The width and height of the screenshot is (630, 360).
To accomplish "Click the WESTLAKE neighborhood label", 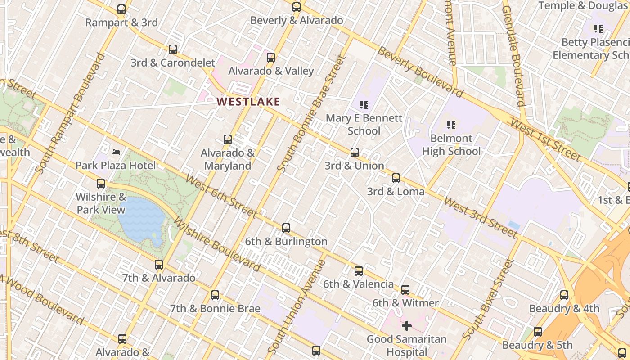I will pos(248,102).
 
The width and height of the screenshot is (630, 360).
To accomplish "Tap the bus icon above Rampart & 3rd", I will pos(121,9).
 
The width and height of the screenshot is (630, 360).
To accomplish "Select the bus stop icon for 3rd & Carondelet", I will pos(173,49).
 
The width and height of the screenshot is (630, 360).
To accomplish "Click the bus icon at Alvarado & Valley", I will pos(270,58).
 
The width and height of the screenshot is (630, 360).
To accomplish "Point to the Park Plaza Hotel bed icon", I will pos(116,152).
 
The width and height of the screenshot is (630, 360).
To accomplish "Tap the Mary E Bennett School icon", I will pos(364,105).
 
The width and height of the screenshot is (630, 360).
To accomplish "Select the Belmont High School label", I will pos(451,144).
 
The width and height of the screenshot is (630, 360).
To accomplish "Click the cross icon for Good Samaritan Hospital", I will pos(407,325).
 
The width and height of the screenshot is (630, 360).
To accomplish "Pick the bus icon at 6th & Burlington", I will pos(286,228).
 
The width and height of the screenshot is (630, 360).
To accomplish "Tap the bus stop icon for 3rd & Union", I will pos(355,153).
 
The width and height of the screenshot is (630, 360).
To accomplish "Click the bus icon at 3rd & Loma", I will pos(396,178).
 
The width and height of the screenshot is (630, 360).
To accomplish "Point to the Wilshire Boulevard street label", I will pos(216,244).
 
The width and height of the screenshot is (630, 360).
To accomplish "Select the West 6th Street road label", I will pos(220,196).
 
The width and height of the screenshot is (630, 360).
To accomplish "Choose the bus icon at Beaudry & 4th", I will pos(564,296).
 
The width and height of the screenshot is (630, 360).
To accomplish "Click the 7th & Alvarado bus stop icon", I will pos(159,265).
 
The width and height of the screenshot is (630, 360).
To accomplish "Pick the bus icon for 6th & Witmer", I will pos(405,290).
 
